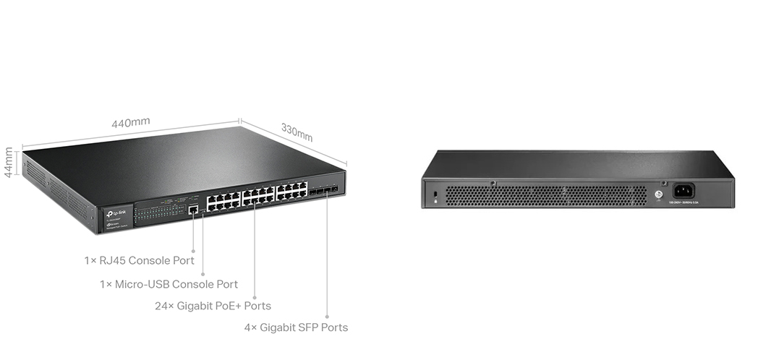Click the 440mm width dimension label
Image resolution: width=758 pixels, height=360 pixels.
point(131,123)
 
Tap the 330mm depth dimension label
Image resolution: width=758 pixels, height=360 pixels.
point(297,132)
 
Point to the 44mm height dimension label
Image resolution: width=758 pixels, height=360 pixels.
point(9,163)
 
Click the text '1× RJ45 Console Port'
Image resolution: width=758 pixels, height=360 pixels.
point(139,260)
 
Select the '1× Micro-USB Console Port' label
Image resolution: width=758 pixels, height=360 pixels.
point(169,285)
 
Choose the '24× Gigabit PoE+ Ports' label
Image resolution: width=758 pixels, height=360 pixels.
point(213,306)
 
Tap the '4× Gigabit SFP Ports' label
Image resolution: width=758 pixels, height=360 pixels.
point(296,327)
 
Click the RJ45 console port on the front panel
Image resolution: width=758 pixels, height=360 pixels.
point(193,210)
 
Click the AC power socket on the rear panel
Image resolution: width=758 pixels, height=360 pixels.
point(684,191)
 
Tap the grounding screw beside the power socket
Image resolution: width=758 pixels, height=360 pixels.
point(658,194)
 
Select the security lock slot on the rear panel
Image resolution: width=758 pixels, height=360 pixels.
point(434,196)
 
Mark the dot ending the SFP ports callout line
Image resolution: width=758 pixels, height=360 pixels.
point(327,317)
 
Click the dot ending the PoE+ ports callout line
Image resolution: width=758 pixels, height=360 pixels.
point(255,295)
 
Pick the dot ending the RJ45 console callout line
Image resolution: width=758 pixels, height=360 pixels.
point(193,251)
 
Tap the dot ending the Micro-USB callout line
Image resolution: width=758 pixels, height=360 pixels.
point(203,274)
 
